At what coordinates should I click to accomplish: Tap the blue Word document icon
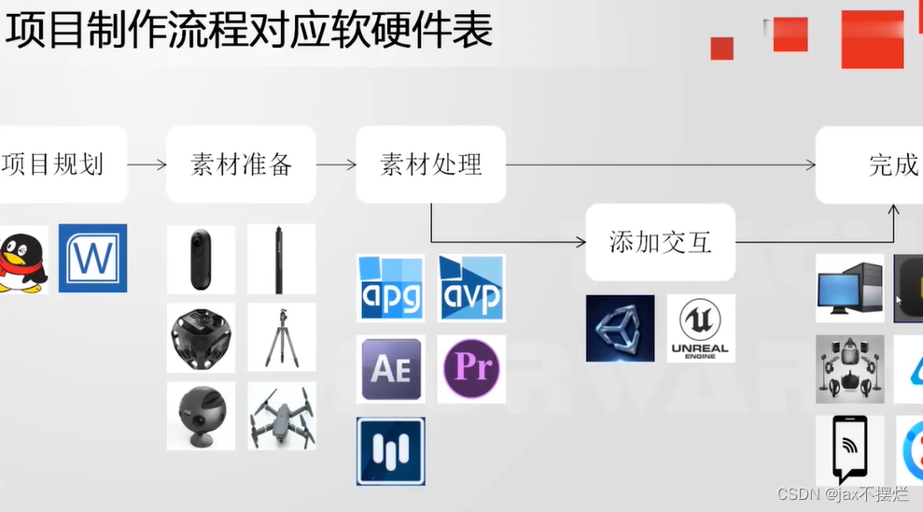[92, 258]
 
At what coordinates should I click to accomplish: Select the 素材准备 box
[241, 165]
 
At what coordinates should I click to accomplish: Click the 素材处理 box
[430, 165]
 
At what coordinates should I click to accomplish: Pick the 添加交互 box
[660, 243]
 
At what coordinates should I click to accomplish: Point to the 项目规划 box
[56, 165]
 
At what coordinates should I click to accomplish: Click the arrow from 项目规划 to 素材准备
[147, 165]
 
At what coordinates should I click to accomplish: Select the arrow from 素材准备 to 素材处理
[336, 165]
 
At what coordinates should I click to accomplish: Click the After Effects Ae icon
[390, 368]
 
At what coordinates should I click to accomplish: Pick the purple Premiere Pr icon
[471, 368]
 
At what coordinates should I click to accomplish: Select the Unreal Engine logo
[700, 328]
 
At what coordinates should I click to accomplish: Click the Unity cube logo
[620, 328]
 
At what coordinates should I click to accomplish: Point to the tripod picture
[281, 336]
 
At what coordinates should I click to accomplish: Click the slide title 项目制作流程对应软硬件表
[248, 31]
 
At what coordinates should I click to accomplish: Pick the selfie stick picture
[281, 258]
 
